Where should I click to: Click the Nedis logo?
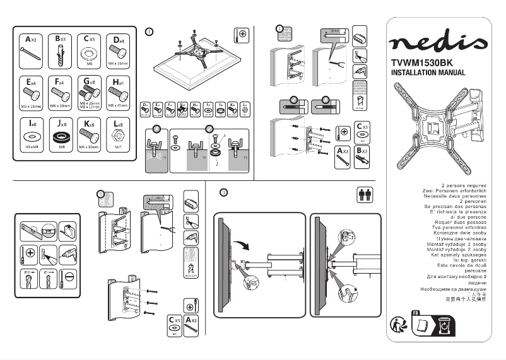[438, 43]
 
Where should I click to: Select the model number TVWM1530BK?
[423, 62]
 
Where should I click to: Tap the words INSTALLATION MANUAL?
[428, 73]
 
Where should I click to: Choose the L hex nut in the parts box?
[117, 136]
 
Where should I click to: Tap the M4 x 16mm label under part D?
[117, 64]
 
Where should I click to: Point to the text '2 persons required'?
[464, 186]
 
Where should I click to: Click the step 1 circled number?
[149, 31]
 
